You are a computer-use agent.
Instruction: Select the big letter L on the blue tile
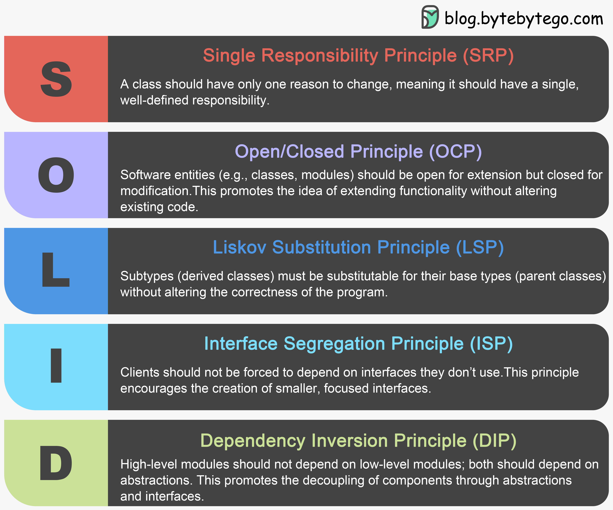[55, 270]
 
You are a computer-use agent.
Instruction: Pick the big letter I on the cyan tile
[56, 366]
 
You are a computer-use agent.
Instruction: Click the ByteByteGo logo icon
[430, 17]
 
